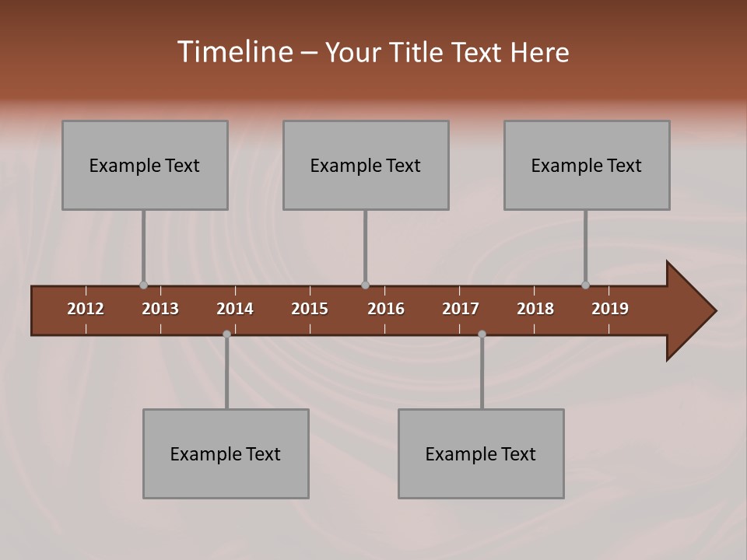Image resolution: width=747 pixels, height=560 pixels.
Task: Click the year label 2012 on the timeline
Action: [86, 309]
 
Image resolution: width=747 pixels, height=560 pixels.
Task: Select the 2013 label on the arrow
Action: [160, 309]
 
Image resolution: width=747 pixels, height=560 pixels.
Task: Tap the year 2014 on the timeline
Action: [235, 309]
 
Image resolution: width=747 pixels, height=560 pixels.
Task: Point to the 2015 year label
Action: [310, 309]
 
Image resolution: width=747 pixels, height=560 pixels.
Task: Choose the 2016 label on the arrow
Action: [386, 309]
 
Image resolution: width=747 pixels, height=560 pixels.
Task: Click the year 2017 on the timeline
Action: [461, 309]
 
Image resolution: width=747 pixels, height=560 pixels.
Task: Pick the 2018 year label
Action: [535, 309]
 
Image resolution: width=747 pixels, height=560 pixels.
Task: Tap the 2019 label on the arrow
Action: [610, 309]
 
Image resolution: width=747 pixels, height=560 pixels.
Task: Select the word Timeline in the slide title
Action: [234, 52]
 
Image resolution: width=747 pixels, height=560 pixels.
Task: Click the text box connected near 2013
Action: [145, 165]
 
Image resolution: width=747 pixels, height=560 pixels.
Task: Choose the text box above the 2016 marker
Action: [366, 165]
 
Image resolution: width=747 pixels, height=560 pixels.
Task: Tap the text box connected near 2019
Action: [587, 165]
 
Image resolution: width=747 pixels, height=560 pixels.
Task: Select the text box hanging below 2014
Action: [226, 453]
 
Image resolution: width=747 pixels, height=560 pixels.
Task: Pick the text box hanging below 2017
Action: [481, 453]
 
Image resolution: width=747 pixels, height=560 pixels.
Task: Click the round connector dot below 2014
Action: [226, 334]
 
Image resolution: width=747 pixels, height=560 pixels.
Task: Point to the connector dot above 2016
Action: [365, 285]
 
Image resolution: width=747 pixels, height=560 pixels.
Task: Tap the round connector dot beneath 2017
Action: [482, 334]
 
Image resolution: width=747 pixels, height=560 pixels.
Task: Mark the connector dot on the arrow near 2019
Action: [585, 285]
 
